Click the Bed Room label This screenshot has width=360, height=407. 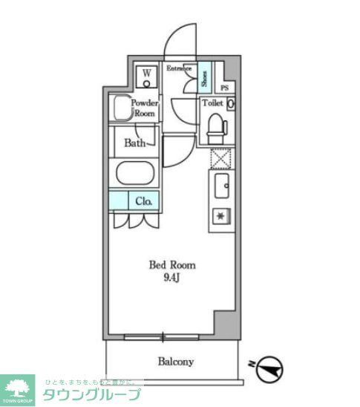[172, 265]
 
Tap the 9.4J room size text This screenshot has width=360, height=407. [172, 278]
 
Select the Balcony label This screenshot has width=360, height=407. [175, 362]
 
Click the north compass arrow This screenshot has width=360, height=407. [271, 367]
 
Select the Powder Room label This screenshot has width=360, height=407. [143, 109]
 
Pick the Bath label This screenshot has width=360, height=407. [134, 143]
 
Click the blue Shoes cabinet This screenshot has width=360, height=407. [203, 75]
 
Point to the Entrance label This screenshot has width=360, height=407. [178, 68]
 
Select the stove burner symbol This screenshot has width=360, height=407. [221, 216]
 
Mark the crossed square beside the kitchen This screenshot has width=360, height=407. [221, 159]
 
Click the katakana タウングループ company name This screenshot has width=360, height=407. [91, 394]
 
